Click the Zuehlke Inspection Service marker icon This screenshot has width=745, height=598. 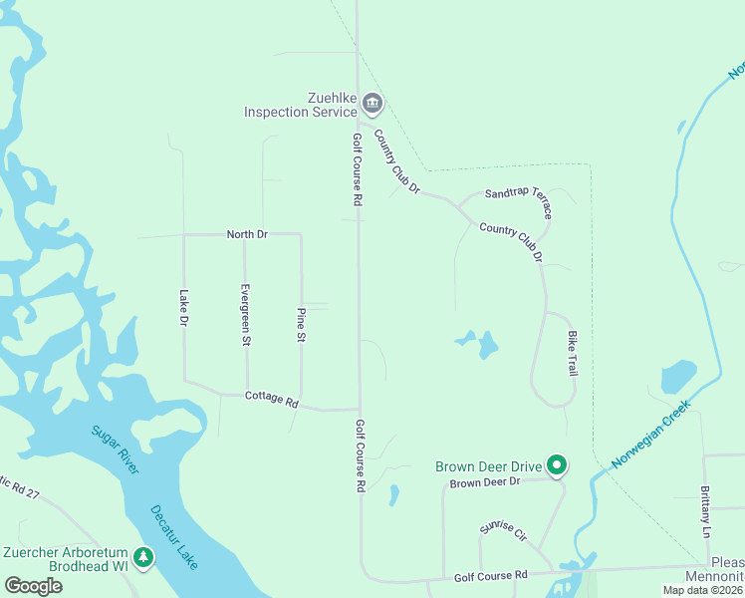coord(372,103)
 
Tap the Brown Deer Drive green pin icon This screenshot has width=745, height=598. coord(558,465)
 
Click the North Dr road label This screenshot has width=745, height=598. coord(247,234)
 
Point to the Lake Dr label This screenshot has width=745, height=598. coord(183,307)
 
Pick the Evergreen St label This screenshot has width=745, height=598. coord(245,314)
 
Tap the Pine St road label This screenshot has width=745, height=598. coord(301,324)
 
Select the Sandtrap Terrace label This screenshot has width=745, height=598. coord(518,200)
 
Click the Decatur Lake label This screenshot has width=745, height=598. coord(174,536)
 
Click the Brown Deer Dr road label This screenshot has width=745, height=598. coord(485,482)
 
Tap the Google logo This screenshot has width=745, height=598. coord(33,586)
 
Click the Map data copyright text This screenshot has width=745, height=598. coord(702,590)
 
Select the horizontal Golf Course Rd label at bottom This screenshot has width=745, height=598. coord(491,576)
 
